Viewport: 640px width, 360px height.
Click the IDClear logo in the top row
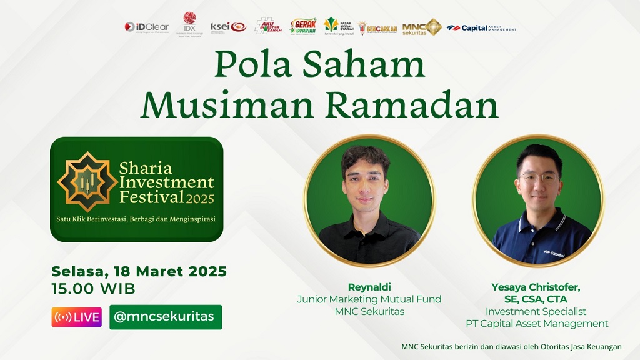(x=146, y=27)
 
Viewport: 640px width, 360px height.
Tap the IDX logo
(x=189, y=22)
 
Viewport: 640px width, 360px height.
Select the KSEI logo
(x=228, y=27)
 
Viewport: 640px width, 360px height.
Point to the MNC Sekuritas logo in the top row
(x=422, y=27)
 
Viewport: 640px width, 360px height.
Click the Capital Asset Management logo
(x=481, y=28)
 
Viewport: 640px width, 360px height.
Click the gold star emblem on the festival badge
(x=87, y=181)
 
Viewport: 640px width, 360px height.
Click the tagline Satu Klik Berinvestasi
(x=137, y=219)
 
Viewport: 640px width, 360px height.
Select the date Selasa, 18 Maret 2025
(x=139, y=272)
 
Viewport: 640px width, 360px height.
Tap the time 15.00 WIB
(x=93, y=289)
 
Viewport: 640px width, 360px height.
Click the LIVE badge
(x=76, y=317)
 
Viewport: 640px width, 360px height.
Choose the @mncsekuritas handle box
(x=165, y=317)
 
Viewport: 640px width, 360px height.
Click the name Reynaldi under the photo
(x=369, y=287)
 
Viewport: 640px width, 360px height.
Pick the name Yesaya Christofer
(x=536, y=287)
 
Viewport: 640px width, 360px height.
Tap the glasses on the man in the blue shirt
(x=538, y=177)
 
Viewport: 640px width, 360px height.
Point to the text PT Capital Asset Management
(x=537, y=324)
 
